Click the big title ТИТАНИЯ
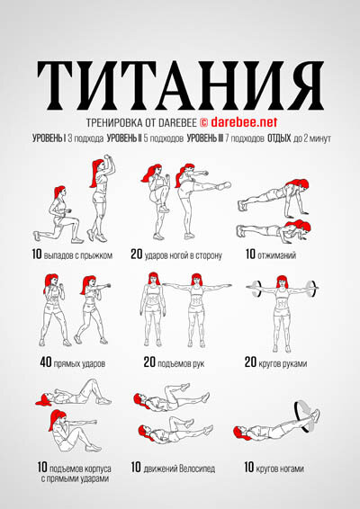tap(180, 85)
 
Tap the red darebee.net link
tap(244, 122)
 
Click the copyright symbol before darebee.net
tap(203, 122)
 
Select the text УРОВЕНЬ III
tap(205, 138)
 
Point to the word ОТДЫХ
tap(279, 138)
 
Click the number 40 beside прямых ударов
tap(46, 362)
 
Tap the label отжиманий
tap(276, 255)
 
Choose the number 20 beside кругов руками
tap(250, 362)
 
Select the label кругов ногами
tap(280, 469)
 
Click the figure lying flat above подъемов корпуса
tap(74, 394)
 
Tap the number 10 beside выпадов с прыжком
tap(37, 254)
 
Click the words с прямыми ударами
tap(75, 478)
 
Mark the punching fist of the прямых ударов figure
tap(107, 286)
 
